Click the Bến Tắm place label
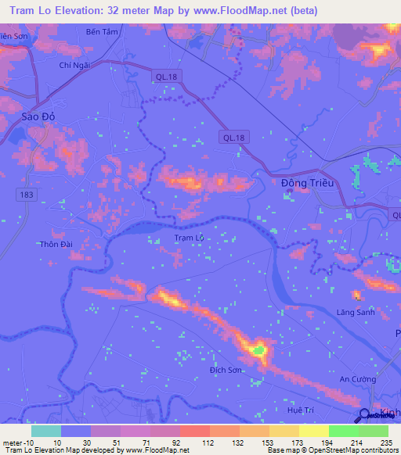tap(103, 32)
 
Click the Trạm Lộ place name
tap(188, 238)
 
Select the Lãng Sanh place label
tap(356, 312)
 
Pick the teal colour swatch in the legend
tap(45, 431)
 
